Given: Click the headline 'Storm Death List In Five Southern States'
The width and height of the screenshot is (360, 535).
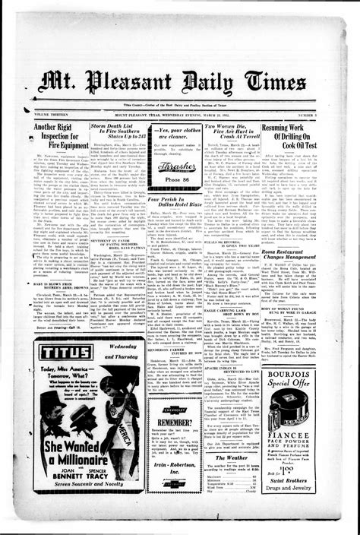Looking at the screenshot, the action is coord(118,135).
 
